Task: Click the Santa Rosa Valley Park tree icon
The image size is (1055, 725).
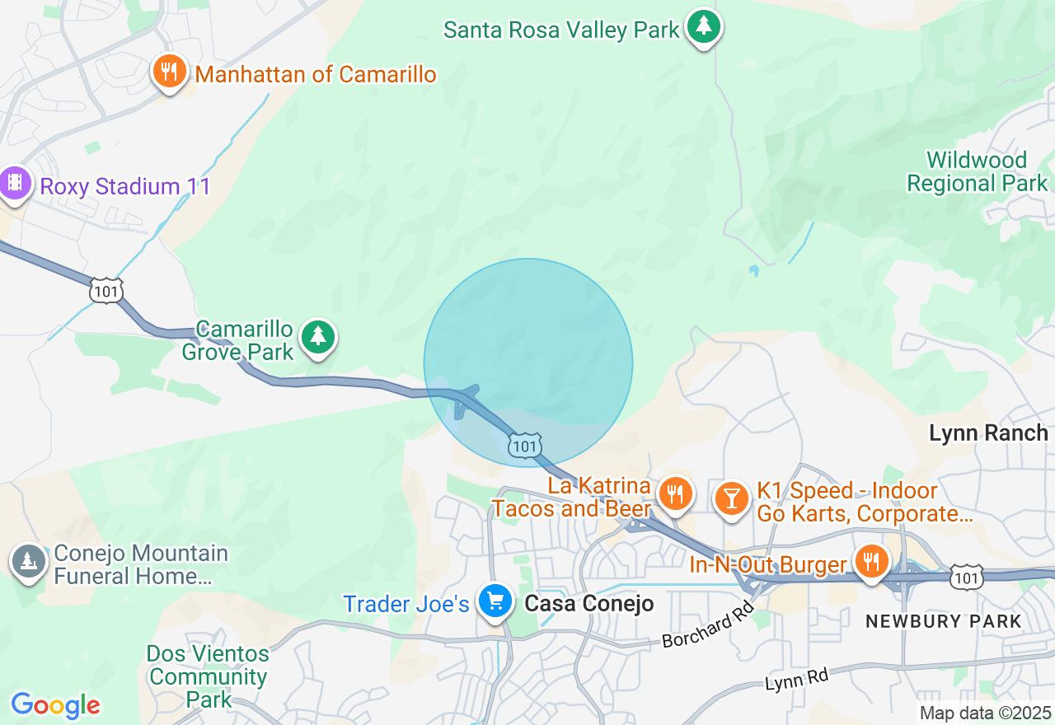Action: pos(703,27)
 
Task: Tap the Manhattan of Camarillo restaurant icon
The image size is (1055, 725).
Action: pos(169,72)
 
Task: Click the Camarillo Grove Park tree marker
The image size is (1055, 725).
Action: pos(318,337)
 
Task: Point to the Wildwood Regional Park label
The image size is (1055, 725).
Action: pos(977,171)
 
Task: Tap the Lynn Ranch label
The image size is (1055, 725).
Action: pos(987,433)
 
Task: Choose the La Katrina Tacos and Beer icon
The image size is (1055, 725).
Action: pos(675,493)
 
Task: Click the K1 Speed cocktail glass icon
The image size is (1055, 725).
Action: pos(730,497)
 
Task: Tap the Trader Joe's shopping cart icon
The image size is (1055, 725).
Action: pos(495,601)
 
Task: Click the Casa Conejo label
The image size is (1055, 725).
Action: pos(589,604)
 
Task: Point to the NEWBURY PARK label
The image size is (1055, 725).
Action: pos(943,622)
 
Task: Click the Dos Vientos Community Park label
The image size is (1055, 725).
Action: pos(208,677)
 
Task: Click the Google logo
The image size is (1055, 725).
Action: pos(55,705)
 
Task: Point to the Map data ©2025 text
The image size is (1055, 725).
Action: pos(985,713)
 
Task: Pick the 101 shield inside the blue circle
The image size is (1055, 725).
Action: pos(524,445)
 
